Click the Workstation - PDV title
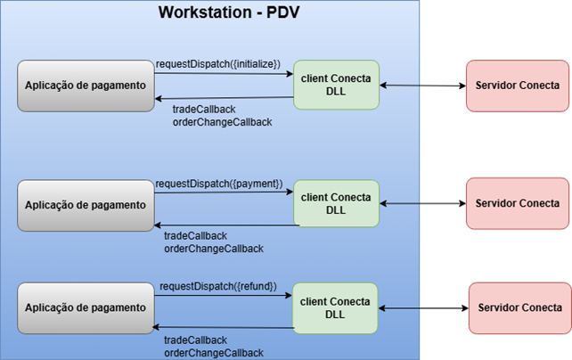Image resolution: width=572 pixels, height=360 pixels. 229,12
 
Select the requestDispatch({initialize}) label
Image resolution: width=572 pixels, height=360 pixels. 218,64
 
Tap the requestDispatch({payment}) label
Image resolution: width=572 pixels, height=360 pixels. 219,184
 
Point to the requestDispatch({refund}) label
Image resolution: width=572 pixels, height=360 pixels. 218,286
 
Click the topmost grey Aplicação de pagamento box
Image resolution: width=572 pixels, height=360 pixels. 86,86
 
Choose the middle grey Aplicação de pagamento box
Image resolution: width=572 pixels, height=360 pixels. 86,205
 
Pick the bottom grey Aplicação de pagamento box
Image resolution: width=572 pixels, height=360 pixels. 86,308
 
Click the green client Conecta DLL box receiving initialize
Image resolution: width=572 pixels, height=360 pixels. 337,85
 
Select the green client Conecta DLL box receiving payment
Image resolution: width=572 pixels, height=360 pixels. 337,203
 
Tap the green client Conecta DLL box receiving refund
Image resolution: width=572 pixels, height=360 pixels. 335,308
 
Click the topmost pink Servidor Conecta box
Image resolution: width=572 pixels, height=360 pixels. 518,86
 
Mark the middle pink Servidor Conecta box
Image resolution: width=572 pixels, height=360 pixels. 518,203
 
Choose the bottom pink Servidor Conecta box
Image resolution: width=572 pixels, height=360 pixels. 520,308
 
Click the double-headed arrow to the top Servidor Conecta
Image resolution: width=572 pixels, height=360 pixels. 423,86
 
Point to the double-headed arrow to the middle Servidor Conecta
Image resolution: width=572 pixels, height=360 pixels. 423,203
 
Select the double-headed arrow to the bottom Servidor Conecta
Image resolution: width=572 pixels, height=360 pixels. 423,308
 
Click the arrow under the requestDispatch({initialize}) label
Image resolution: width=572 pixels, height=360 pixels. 224,74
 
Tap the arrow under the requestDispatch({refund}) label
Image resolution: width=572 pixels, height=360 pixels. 224,295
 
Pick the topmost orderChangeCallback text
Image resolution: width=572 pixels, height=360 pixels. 223,122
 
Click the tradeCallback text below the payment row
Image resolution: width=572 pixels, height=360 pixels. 195,236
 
